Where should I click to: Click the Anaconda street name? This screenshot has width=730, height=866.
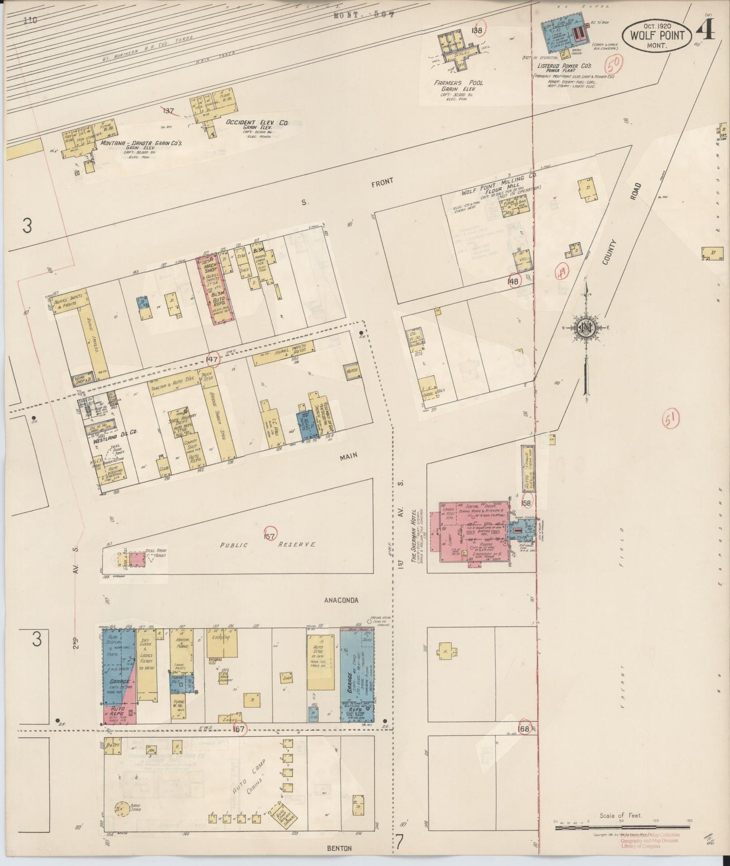coord(341,600)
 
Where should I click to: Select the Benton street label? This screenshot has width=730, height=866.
coord(339,848)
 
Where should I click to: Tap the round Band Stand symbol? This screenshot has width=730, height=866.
coord(121,808)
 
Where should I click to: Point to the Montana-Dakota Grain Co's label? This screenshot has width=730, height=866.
coord(141,143)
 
